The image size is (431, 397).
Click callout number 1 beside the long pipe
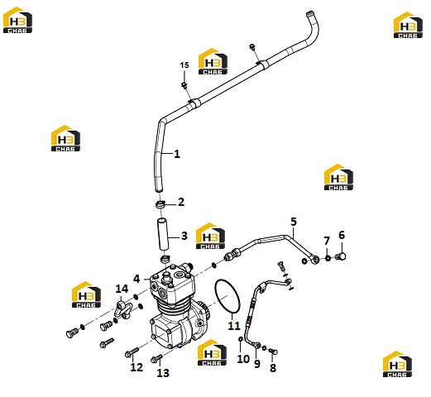pyautogui.click(x=177, y=154)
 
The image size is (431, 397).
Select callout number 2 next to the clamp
pyautogui.click(x=181, y=202)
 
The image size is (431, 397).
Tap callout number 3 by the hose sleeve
pyautogui.click(x=184, y=236)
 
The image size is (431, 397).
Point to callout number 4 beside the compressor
pyautogui.click(x=136, y=279)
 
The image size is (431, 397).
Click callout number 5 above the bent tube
pyautogui.click(x=294, y=222)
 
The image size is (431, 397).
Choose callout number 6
pyautogui.click(x=342, y=235)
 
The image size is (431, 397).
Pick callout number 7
pyautogui.click(x=327, y=241)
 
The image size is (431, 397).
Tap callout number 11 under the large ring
pyautogui.click(x=234, y=326)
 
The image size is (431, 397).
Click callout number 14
pyautogui.click(x=122, y=289)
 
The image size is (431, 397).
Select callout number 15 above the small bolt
pyautogui.click(x=184, y=65)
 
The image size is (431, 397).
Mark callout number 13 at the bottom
pyautogui.click(x=163, y=373)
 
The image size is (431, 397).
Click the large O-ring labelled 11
pyautogui.click(x=227, y=297)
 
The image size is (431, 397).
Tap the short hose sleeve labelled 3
pyautogui.click(x=163, y=234)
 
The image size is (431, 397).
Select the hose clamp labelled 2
pyautogui.click(x=160, y=205)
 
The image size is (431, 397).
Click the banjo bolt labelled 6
pyautogui.click(x=341, y=256)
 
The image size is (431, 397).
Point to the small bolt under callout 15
pyautogui.click(x=184, y=85)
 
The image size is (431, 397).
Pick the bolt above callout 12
pyautogui.click(x=132, y=352)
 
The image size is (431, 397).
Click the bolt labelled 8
pyautogui.click(x=273, y=352)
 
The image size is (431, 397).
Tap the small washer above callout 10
pyautogui.click(x=241, y=339)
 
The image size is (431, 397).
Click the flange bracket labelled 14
pyautogui.click(x=123, y=310)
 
